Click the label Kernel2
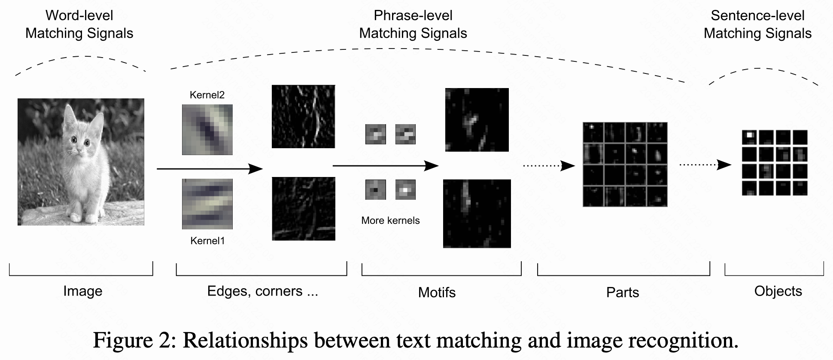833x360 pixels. (207, 95)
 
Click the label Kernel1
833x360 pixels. (207, 241)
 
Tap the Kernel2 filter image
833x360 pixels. (207, 129)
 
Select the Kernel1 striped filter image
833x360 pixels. (207, 204)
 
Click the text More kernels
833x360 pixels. (390, 220)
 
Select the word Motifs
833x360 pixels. (437, 293)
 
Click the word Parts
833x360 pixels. (622, 293)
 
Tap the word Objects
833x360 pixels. (778, 291)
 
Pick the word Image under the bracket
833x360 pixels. (82, 291)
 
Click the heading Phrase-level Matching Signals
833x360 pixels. (413, 24)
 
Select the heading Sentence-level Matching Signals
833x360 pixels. (757, 24)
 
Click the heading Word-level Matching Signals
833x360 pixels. (79, 24)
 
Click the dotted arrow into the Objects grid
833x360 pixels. (705, 165)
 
